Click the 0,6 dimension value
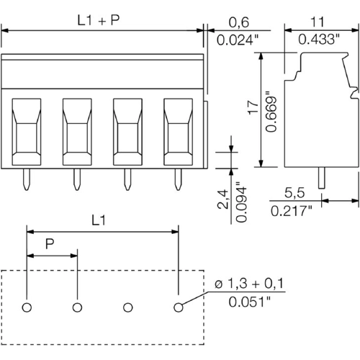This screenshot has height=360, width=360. click(x=240, y=22)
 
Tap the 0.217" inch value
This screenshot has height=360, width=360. click(x=291, y=211)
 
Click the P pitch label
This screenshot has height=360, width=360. click(x=49, y=246)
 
